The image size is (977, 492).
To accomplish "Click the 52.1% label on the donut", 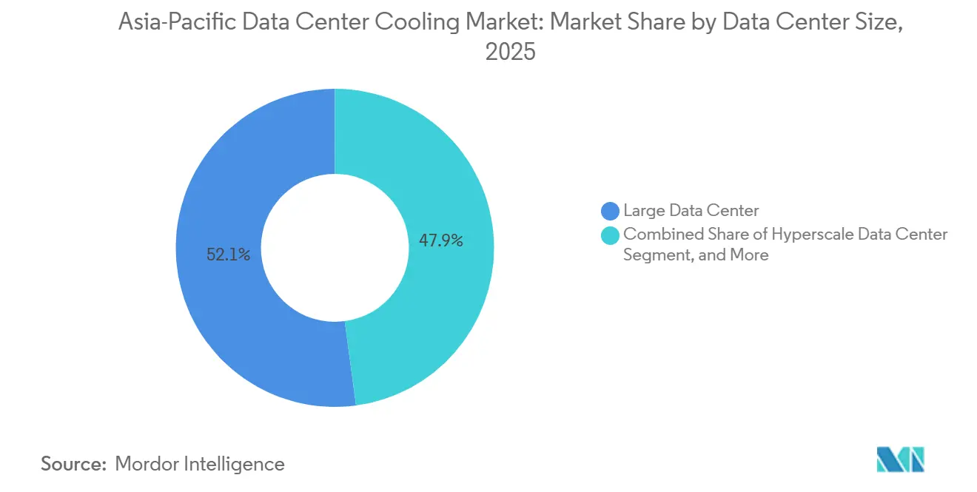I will (x=229, y=255).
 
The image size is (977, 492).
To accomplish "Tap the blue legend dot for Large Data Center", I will (x=611, y=211).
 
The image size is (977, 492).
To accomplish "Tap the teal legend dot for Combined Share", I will (x=611, y=235).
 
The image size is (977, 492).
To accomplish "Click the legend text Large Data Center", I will (x=691, y=211).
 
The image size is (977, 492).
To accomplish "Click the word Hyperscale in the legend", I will (x=810, y=235).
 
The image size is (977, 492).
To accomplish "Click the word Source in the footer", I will (x=73, y=464).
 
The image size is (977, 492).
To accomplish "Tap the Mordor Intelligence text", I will (x=200, y=464).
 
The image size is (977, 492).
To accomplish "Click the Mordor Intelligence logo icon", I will (x=900, y=459).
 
